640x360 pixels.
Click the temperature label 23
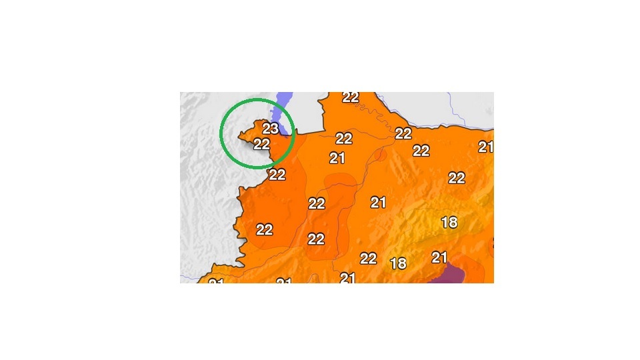pos(271,129)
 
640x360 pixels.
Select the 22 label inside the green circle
pos(261,143)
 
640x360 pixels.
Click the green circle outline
pos(222,133)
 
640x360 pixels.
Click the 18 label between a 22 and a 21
pos(398,263)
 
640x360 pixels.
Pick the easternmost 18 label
pos(450,223)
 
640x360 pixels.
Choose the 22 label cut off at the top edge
pos(351,97)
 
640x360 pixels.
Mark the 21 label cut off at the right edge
pos(486,147)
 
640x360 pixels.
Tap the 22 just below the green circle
pos(277,175)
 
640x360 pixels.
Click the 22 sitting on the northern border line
pos(403,133)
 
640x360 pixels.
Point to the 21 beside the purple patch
pos(439,257)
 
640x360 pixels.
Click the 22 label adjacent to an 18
pos(368,259)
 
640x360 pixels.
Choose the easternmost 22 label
pos(457,178)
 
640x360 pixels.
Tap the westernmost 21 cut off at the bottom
pos(216,282)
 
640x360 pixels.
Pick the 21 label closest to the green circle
pos(337,158)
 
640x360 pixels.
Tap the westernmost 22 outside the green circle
pos(265,229)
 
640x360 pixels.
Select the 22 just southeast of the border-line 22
pos(421,151)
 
